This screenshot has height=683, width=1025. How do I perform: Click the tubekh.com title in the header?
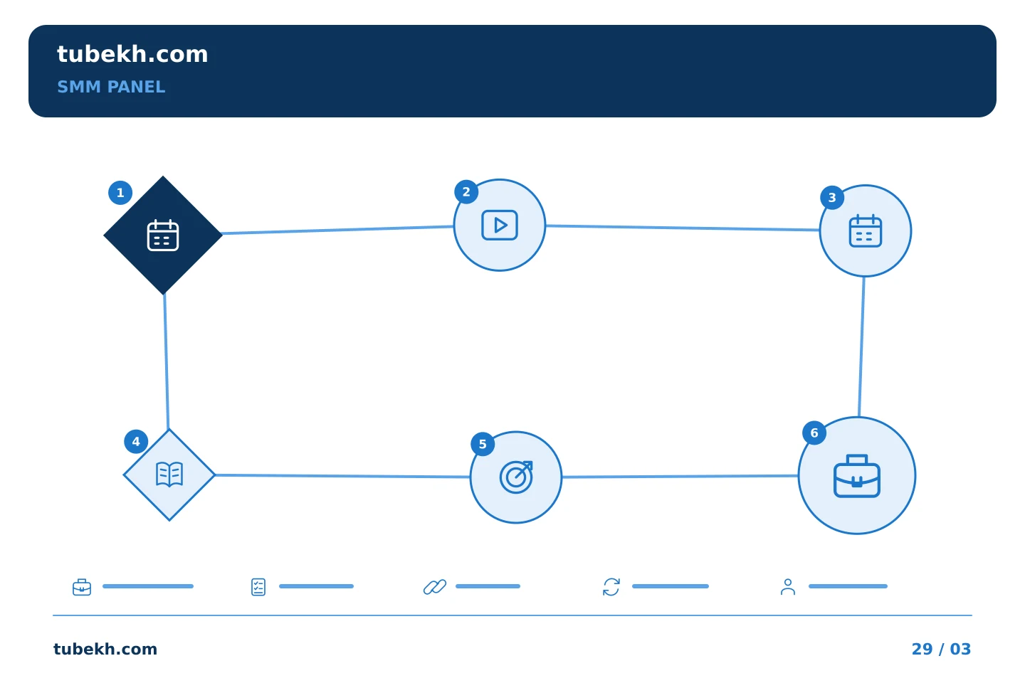pyautogui.click(x=132, y=54)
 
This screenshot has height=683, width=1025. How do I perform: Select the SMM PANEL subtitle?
pyautogui.click(x=111, y=87)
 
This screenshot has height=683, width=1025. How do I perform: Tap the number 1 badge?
pyautogui.click(x=120, y=193)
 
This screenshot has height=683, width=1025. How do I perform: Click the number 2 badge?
pyautogui.click(x=466, y=191)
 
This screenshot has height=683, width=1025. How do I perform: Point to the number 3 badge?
pyautogui.click(x=832, y=198)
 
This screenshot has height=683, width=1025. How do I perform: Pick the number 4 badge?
pyautogui.click(x=136, y=441)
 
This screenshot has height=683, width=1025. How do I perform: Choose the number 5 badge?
pyautogui.click(x=483, y=444)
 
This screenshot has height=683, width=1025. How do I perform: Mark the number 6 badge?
pyautogui.click(x=814, y=433)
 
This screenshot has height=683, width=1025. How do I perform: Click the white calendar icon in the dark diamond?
pyautogui.click(x=163, y=235)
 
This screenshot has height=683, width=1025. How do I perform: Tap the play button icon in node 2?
pyautogui.click(x=500, y=225)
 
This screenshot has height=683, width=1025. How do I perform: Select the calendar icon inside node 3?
pyautogui.click(x=866, y=231)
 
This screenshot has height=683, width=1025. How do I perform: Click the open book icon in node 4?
pyautogui.click(x=169, y=475)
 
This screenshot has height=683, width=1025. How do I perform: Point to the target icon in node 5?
pyautogui.click(x=516, y=477)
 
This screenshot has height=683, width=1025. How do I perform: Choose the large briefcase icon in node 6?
pyautogui.click(x=857, y=476)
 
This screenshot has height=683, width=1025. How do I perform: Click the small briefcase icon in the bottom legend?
pyautogui.click(x=82, y=587)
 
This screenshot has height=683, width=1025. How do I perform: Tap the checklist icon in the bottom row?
pyautogui.click(x=258, y=587)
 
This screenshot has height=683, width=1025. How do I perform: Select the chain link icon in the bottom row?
pyautogui.click(x=435, y=587)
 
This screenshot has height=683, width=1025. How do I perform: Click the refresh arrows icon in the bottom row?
pyautogui.click(x=611, y=587)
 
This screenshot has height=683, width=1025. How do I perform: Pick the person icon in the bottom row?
pyautogui.click(x=788, y=587)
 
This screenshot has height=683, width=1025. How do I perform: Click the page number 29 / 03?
pyautogui.click(x=941, y=649)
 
